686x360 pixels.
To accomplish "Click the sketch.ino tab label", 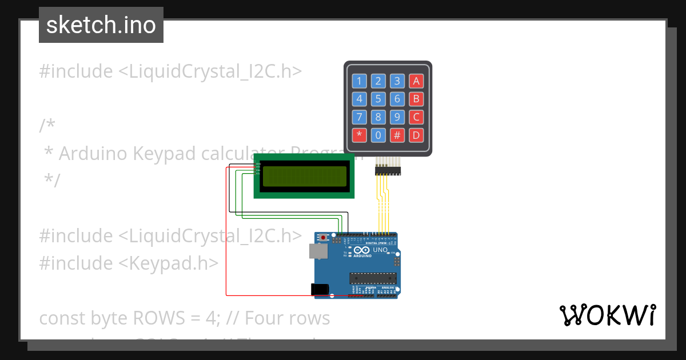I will tap(101, 25).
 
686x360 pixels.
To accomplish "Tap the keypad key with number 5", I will tap(378, 99).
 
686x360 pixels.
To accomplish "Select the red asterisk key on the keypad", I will tap(359, 135).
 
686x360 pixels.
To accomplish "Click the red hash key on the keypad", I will tap(397, 135).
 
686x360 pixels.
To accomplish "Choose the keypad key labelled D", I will tap(416, 135).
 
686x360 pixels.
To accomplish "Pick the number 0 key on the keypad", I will tap(378, 135).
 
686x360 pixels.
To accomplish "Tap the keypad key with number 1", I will tap(359, 81).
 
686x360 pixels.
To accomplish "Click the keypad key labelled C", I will tap(416, 117).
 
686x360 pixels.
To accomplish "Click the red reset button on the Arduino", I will tap(324, 237).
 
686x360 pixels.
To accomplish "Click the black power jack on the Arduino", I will tap(320, 290).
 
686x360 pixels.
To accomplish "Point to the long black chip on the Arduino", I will tap(373, 278).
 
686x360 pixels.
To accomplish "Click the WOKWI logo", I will tap(607, 315).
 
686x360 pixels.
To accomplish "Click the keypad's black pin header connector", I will tap(388, 170).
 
